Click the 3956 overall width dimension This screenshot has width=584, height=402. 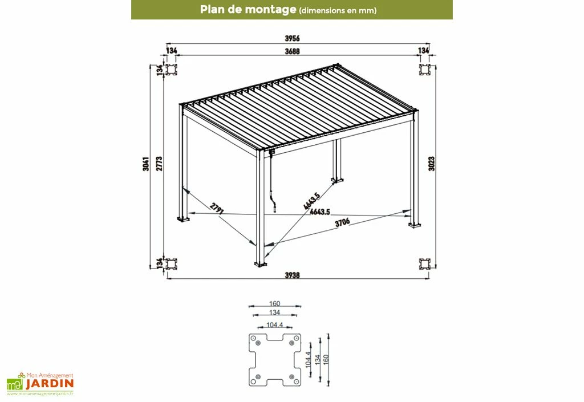tap(292, 38)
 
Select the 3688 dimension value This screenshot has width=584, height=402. tap(293, 51)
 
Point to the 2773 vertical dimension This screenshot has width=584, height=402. tap(160, 164)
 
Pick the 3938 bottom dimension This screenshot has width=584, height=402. tap(293, 275)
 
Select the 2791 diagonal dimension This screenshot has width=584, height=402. tap(216, 209)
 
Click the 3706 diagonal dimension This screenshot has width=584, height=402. tap(343, 223)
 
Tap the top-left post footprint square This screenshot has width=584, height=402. tap(171, 70)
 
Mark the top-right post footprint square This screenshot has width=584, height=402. tap(425, 70)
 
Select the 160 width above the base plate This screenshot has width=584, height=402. tap(275, 304)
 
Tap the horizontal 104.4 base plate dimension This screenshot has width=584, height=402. tap(275, 325)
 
